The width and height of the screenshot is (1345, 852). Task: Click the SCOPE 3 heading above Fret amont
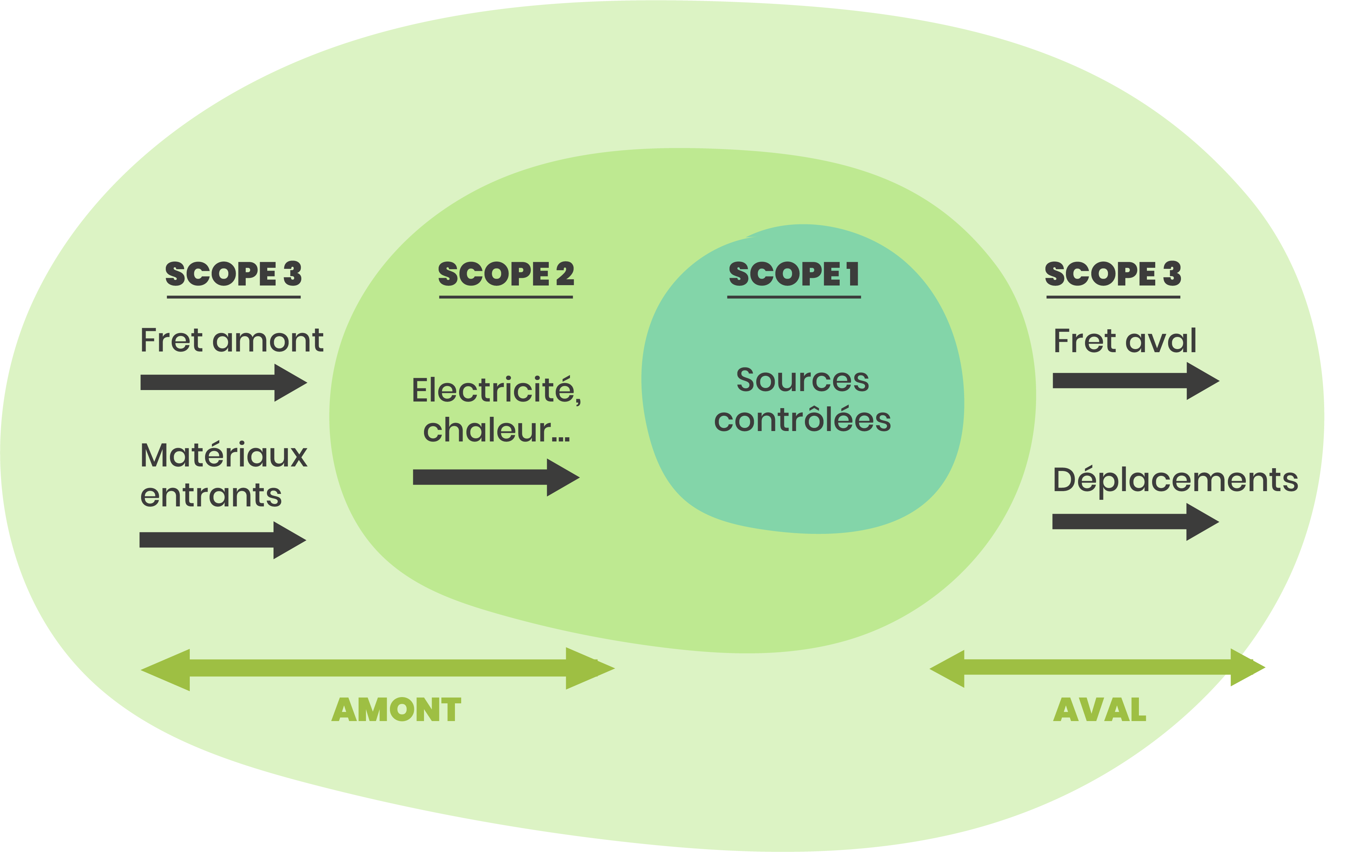click(x=234, y=274)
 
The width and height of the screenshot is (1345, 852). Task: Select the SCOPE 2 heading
click(x=506, y=274)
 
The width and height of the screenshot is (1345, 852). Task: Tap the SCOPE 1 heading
click(x=794, y=274)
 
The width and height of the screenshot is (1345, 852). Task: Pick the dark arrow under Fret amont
click(x=223, y=382)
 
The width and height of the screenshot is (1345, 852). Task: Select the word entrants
click(x=211, y=495)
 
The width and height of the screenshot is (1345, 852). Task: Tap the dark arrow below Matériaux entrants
click(x=222, y=540)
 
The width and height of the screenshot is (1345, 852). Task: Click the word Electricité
click(x=496, y=390)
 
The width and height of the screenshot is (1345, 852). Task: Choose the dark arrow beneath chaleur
click(x=496, y=477)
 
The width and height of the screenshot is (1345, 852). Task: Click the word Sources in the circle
click(x=802, y=380)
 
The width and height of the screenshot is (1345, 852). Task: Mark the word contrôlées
click(x=802, y=420)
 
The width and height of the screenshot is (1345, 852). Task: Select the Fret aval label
click(x=1124, y=341)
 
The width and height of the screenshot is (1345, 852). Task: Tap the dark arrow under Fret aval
click(x=1135, y=381)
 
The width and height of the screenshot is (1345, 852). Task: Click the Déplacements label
click(x=1175, y=480)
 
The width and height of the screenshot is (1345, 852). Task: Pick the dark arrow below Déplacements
click(x=1135, y=521)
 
